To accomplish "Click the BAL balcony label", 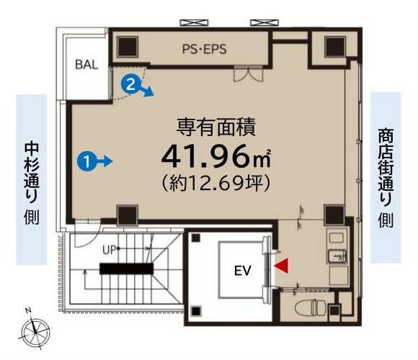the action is pyautogui.click(x=86, y=64).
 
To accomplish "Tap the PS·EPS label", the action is pyautogui.click(x=204, y=49).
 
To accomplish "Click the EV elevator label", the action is pyautogui.click(x=243, y=271).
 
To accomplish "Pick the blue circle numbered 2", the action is pyautogui.click(x=130, y=85).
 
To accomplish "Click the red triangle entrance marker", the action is pyautogui.click(x=282, y=266).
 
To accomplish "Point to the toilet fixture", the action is pyautogui.click(x=310, y=307).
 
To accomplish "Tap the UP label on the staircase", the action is pyautogui.click(x=109, y=250).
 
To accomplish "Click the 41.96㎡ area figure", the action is pyautogui.click(x=215, y=157).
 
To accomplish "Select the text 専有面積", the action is pyautogui.click(x=216, y=128).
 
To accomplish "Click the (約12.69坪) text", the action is pyautogui.click(x=216, y=183).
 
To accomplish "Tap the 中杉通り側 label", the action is pyautogui.click(x=32, y=184).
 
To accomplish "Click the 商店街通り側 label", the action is pyautogui.click(x=386, y=178).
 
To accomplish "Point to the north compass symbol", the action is pyautogui.click(x=35, y=332).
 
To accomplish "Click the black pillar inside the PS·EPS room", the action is pyautogui.click(x=128, y=47).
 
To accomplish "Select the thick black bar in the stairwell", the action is pyautogui.click(x=126, y=269).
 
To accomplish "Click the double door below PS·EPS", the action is pyautogui.click(x=248, y=74).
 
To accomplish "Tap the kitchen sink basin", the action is pyautogui.click(x=337, y=256).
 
